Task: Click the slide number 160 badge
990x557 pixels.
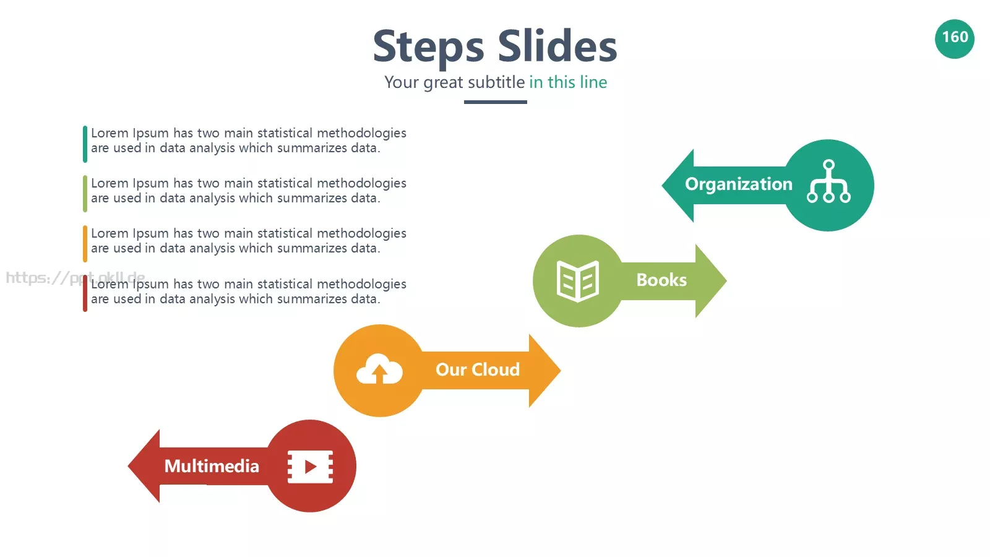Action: [x=954, y=39]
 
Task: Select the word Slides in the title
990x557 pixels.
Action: [x=557, y=45]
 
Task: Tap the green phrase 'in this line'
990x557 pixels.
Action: [x=568, y=82]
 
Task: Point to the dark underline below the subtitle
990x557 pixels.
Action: [x=496, y=102]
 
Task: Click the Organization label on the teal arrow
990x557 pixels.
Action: [x=739, y=184]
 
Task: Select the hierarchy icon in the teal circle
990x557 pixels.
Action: [x=829, y=181]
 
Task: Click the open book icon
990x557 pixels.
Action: [x=578, y=281]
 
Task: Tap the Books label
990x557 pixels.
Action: [x=661, y=280]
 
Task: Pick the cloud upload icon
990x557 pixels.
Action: [x=379, y=369]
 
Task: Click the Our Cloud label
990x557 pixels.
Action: [x=478, y=370]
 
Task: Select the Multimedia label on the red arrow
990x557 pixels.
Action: [x=212, y=467]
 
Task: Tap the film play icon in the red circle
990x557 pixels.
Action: [x=310, y=467]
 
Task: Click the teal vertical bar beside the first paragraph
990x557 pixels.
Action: [x=85, y=144]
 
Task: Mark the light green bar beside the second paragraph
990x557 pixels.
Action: [x=85, y=194]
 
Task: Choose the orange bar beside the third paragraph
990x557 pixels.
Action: [x=85, y=244]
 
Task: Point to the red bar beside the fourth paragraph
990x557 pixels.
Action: [x=85, y=293]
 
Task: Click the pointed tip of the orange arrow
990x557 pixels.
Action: [x=561, y=371]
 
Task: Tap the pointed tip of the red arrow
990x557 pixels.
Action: [x=128, y=466]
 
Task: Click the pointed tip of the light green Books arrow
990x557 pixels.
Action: [x=726, y=281]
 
